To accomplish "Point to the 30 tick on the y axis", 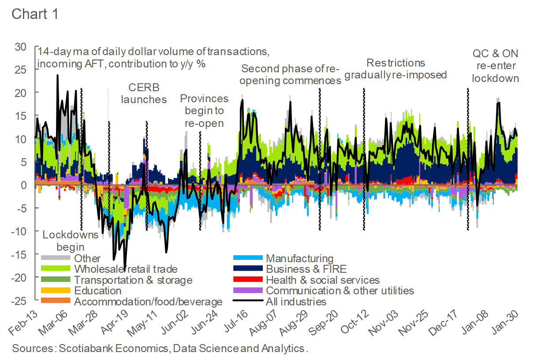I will tap(20, 47).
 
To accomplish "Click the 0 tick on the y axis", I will tap(24, 185).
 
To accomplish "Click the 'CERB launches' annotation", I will tap(144, 93).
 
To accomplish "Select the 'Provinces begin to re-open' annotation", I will tap(204, 111).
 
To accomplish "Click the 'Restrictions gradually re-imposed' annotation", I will tap(395, 69).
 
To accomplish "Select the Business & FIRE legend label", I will tap(306, 269).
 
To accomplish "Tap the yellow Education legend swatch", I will tap(56, 291).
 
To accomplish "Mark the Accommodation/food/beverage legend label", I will tap(148, 302).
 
